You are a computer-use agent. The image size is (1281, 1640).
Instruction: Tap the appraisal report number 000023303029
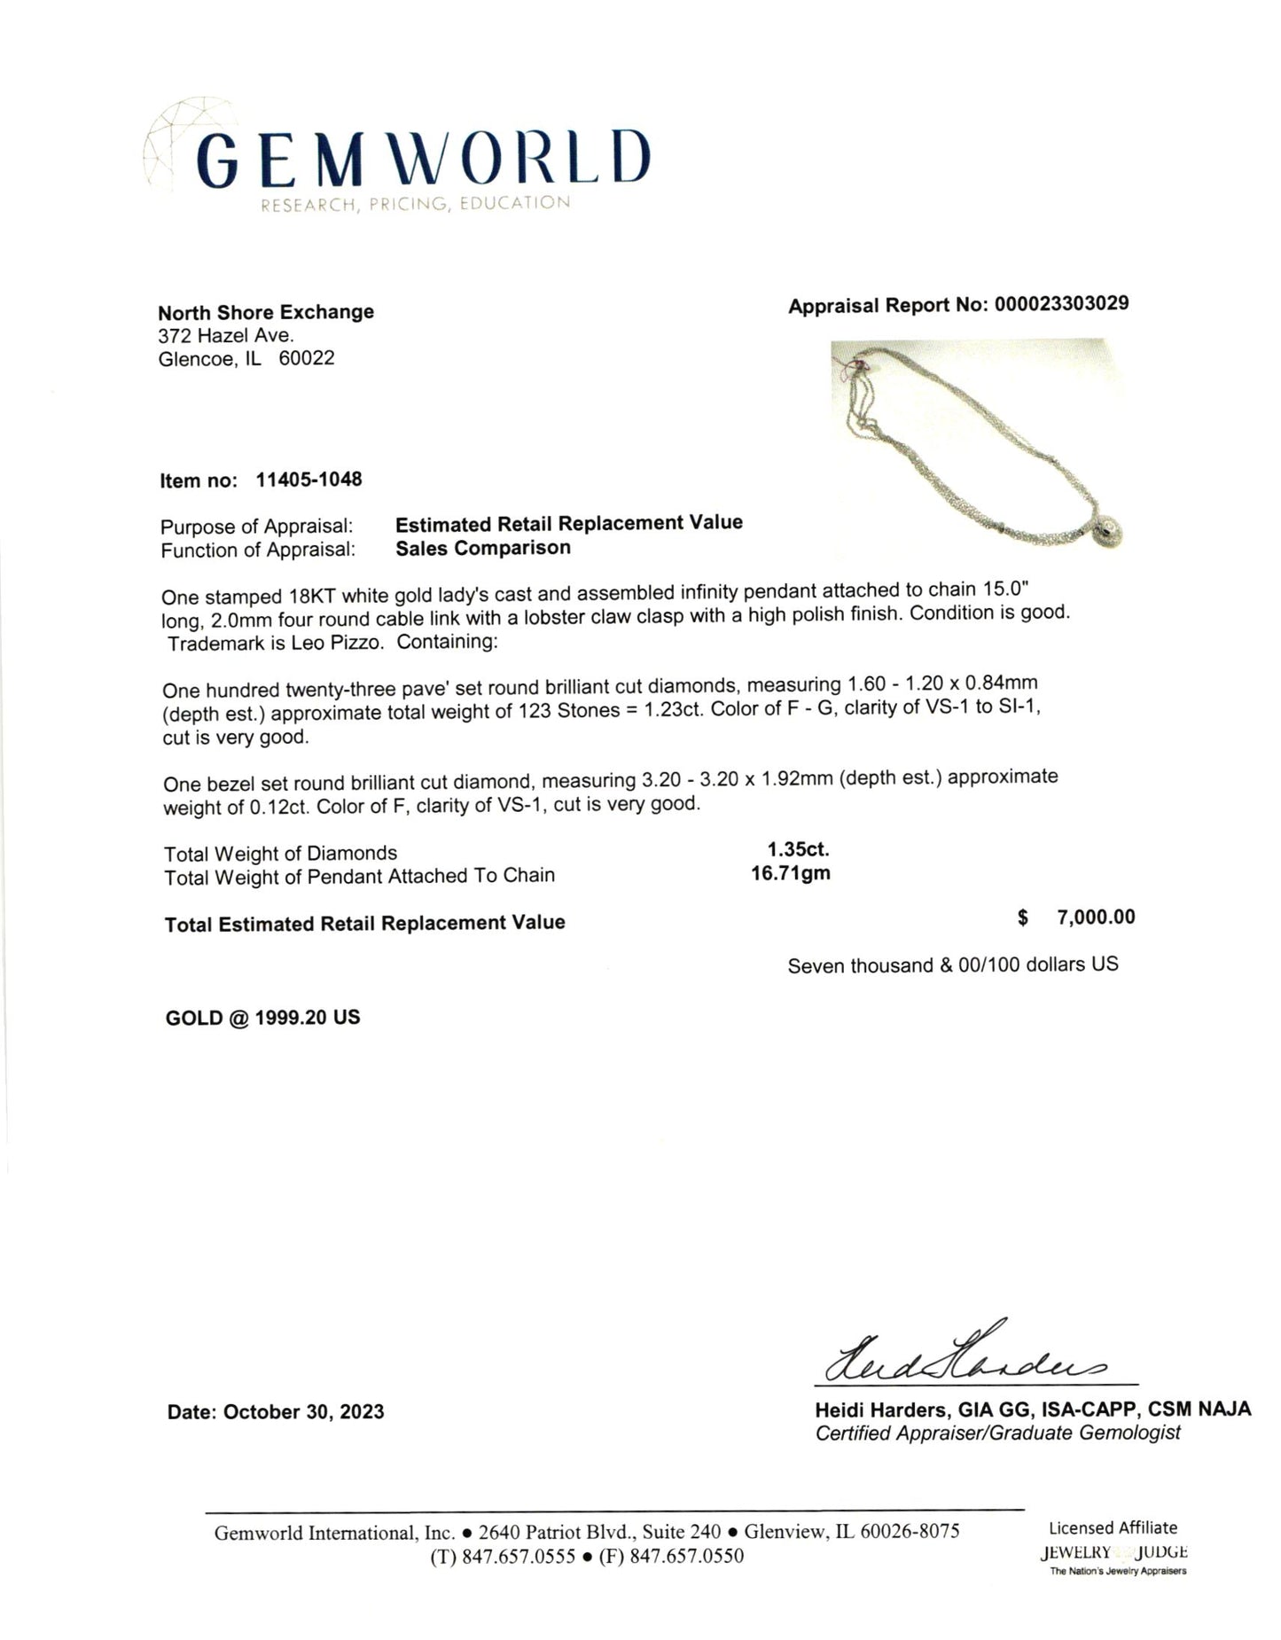pos(1061,304)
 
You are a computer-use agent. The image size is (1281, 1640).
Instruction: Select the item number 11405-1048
pos(309,480)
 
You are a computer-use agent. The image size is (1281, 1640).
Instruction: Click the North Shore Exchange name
pos(266,312)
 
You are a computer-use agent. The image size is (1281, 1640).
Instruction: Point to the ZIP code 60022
pos(307,359)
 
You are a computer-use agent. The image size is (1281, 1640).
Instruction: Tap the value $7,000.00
pos(1095,918)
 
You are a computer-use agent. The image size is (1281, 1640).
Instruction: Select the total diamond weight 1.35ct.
pos(798,849)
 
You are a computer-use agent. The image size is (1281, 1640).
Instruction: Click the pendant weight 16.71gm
pos(791,873)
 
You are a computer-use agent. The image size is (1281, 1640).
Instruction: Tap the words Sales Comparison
pos(483,548)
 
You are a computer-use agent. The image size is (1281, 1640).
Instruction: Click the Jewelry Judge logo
pos(1113,1552)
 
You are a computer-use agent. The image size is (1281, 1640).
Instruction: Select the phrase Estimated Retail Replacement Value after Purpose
pos(568,523)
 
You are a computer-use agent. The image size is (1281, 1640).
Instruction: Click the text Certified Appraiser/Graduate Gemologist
pos(997,1433)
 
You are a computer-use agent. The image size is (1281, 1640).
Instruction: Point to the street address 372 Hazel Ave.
pos(225,336)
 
